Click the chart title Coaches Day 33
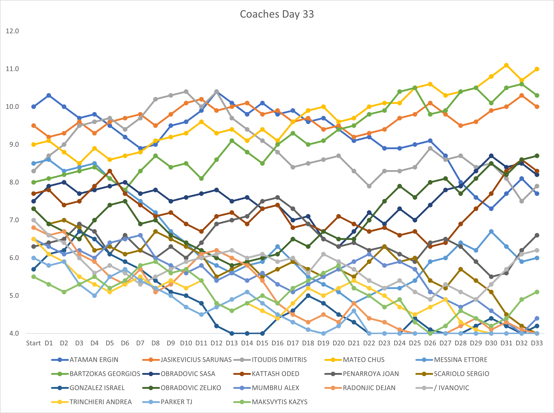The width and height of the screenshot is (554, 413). tap(277, 14)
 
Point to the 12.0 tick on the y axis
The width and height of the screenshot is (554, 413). tap(12, 31)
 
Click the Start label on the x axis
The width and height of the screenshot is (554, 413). tap(33, 343)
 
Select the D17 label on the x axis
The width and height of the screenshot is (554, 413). tap(293, 343)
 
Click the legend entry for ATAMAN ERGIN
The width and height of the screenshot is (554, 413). tap(85, 360)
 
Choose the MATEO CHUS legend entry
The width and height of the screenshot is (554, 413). tap(354, 360)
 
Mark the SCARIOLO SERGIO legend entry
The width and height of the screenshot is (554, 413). tap(452, 374)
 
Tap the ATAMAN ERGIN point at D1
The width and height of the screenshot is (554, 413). tap(49, 95)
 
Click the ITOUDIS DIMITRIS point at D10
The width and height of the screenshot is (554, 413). tap(186, 92)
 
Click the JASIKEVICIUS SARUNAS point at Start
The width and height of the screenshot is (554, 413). tap(34, 126)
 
